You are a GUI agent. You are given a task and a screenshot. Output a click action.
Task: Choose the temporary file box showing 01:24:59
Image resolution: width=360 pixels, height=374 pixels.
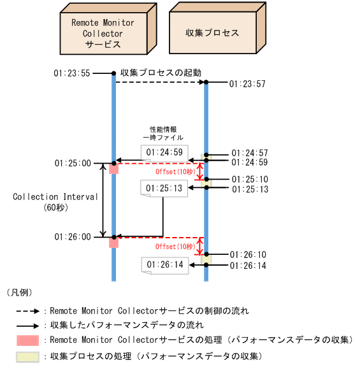(164, 152)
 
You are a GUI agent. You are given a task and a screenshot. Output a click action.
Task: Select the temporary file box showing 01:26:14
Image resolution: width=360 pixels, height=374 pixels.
(164, 264)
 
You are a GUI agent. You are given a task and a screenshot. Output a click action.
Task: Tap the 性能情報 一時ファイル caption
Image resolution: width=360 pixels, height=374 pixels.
(162, 133)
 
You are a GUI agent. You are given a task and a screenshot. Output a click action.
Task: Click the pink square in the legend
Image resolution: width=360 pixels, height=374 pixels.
(28, 340)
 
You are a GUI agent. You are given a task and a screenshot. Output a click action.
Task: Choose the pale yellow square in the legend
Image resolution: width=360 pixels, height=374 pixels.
(28, 356)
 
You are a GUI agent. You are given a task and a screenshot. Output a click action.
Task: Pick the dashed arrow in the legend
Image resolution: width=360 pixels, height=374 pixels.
(28, 312)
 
